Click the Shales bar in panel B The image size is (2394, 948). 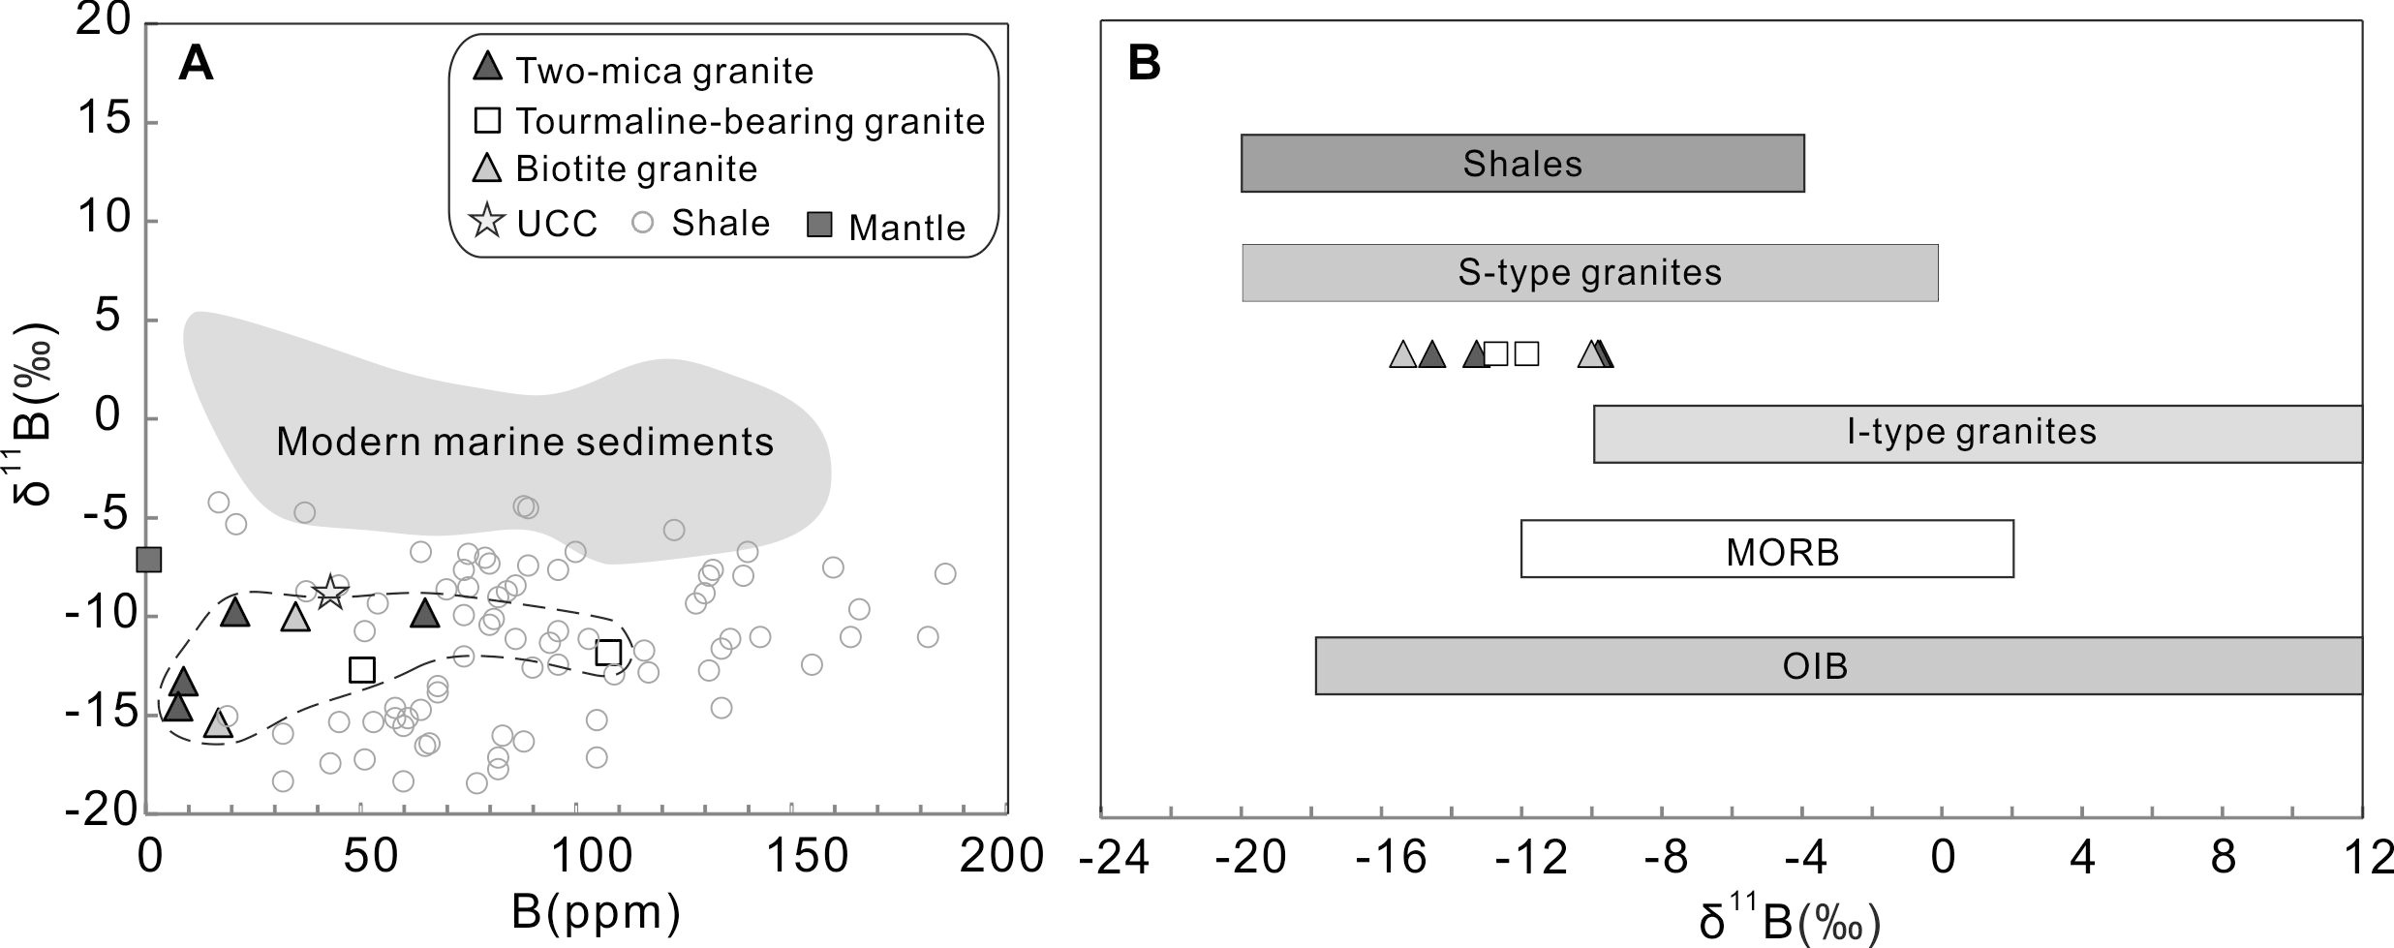[1522, 163]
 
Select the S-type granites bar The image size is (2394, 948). [1589, 272]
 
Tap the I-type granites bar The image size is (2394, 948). [1978, 433]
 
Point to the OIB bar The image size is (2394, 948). [1838, 665]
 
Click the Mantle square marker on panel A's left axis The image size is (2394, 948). [148, 559]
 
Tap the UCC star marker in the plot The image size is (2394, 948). [330, 591]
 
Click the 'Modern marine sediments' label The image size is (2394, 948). [525, 442]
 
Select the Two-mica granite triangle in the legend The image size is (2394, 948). [488, 68]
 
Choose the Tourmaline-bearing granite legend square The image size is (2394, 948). [488, 120]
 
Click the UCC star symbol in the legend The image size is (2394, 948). [487, 222]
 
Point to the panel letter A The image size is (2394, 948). [196, 65]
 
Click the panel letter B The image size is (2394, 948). [1144, 65]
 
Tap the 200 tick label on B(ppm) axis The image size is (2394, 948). [1002, 856]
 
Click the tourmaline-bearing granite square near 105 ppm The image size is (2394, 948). [608, 652]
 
